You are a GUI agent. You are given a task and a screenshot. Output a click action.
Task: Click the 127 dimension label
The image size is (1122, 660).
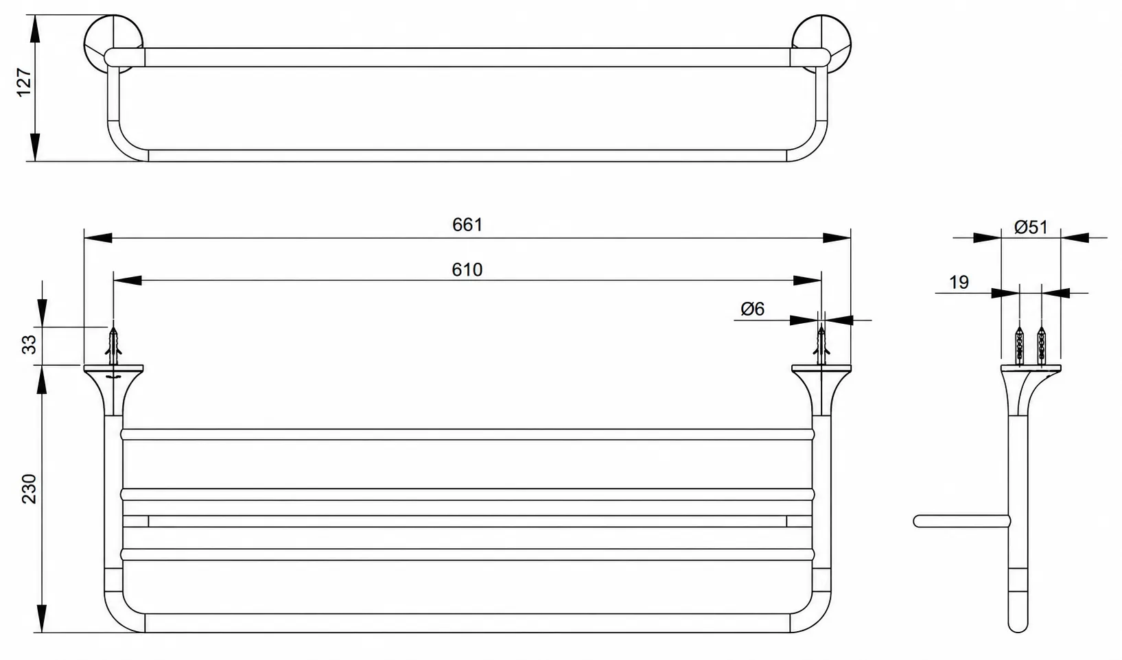coord(24,82)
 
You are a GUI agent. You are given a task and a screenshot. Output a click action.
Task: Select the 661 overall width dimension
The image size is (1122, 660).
coord(467,225)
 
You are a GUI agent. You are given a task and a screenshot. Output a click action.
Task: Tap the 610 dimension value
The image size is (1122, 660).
coord(467,270)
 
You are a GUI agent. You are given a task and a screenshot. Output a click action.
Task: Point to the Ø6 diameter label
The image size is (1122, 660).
coord(753,309)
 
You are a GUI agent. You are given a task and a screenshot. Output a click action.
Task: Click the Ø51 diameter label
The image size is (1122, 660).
coord(1031,227)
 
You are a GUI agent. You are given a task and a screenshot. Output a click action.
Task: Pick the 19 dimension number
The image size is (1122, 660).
coord(959,283)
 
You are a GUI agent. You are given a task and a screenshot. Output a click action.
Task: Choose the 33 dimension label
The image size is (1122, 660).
coord(29,344)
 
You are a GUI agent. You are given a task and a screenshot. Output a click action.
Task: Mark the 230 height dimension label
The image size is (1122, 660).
coord(29,488)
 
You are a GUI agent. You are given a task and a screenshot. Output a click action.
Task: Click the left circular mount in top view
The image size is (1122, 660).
coord(113,44)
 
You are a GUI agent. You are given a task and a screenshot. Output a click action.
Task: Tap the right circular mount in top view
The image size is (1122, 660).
coord(821,44)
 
